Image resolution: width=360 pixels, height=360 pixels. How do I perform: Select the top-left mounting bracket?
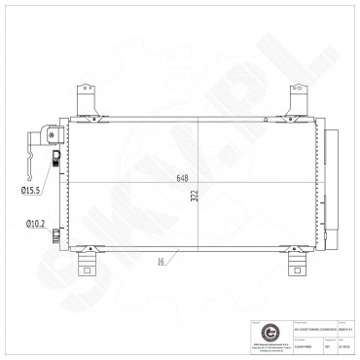86,100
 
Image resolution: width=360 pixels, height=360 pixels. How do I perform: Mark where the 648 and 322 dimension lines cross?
198,183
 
